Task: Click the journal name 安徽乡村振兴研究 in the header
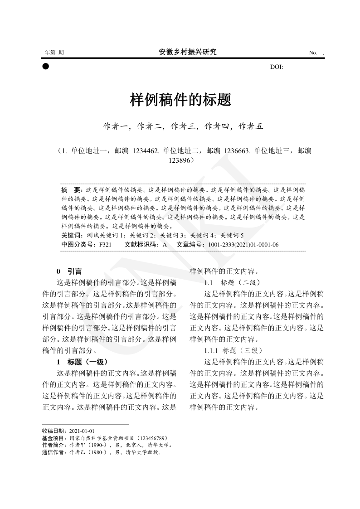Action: (188, 52)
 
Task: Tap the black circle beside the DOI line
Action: (45, 66)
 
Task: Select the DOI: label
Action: (277, 67)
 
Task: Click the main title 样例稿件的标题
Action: (180, 100)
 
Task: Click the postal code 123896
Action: (180, 160)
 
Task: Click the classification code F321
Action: (105, 244)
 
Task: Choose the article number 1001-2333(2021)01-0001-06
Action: (243, 244)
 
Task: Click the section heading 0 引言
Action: (69, 271)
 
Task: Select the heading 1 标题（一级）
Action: (82, 362)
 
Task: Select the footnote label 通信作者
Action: (53, 452)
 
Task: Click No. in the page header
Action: (313, 53)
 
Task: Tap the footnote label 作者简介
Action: (53, 445)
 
